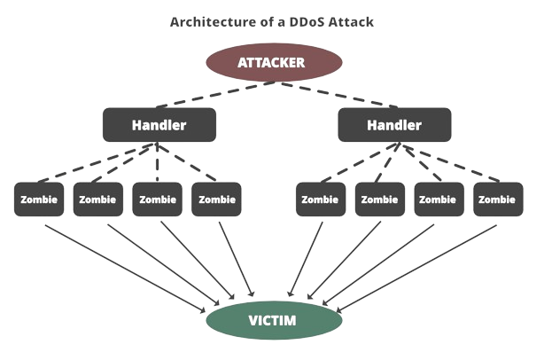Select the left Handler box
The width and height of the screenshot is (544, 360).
point(159,125)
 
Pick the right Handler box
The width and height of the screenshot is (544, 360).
point(394,125)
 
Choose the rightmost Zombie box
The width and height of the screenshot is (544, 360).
point(496,200)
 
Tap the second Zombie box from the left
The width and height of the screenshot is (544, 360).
point(97,200)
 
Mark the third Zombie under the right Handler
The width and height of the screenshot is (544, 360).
point(438,200)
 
